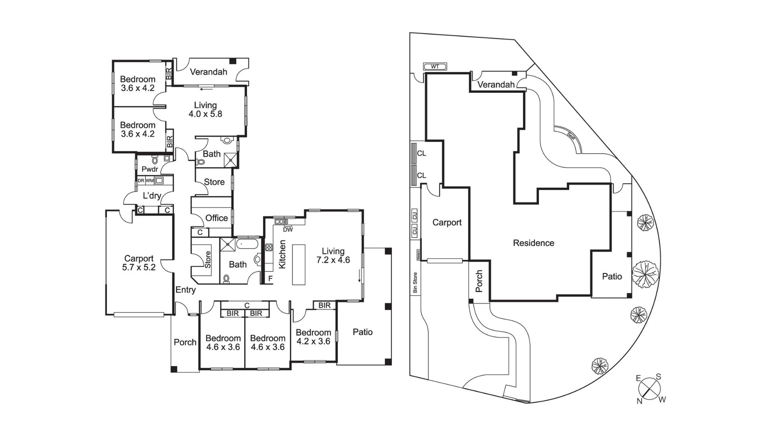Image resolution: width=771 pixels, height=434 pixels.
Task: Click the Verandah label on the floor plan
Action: [208, 72]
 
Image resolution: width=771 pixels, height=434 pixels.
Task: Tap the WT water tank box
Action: [435, 67]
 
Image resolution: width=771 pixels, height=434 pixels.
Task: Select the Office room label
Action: [216, 218]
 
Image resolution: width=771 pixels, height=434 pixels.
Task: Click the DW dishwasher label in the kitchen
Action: [288, 230]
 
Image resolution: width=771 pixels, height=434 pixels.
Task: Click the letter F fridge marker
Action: [270, 278]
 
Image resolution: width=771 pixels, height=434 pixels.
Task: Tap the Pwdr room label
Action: [149, 169]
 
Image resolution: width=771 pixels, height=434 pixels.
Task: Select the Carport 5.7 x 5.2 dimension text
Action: [139, 267]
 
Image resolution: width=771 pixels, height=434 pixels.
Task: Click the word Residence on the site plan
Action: [533, 243]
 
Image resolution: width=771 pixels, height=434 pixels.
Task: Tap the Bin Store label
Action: [415, 283]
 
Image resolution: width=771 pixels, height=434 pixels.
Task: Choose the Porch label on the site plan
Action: [479, 281]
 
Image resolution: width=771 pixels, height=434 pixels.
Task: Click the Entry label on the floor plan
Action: [186, 290]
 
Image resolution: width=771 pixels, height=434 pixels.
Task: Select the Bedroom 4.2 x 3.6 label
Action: [313, 337]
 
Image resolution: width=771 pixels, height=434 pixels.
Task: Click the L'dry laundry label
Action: [152, 196]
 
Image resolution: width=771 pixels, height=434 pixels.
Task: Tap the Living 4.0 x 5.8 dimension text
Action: [205, 114]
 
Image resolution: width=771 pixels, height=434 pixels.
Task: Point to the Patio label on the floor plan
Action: [362, 332]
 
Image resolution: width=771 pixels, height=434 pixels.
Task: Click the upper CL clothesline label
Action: [422, 154]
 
